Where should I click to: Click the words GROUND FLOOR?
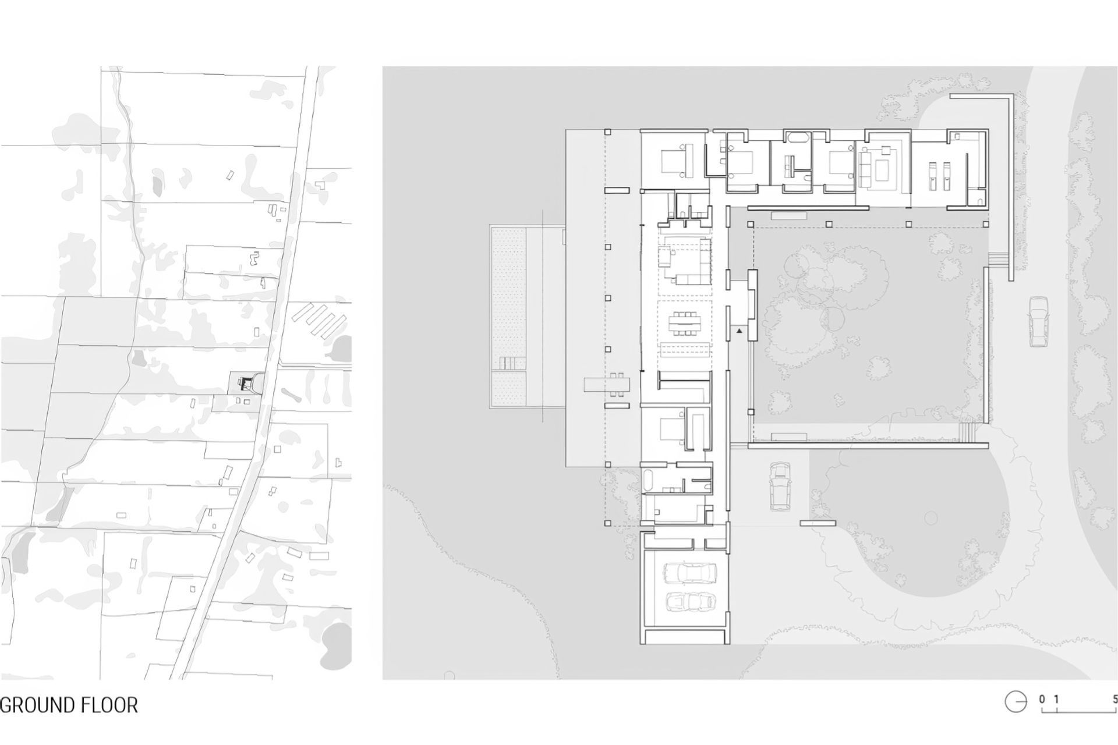[x=69, y=705]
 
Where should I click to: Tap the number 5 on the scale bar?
[x=1114, y=699]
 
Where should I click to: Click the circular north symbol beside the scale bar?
[x=1016, y=703]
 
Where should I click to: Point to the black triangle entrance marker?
[x=739, y=331]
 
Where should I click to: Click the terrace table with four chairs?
[x=607, y=385]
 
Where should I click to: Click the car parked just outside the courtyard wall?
[x=779, y=487]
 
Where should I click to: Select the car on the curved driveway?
[x=1037, y=322]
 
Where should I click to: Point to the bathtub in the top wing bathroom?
[x=796, y=138]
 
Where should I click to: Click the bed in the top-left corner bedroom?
[x=676, y=159]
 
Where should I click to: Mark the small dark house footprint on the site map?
[x=246, y=383]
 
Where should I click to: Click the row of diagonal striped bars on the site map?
[x=319, y=321]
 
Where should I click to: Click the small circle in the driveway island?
[x=931, y=517]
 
